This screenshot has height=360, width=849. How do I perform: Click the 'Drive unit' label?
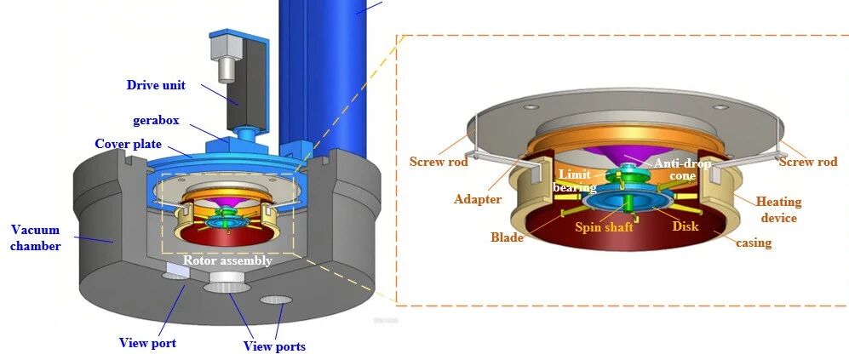click(156, 85)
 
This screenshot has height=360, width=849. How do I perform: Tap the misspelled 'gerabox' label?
click(156, 120)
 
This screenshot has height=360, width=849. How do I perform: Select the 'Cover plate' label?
click(128, 144)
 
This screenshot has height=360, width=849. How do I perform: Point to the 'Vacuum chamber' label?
click(36, 237)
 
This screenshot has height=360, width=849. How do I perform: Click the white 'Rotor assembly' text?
click(227, 260)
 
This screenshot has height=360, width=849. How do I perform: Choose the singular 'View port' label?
click(148, 343)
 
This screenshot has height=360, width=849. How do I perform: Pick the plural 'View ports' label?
click(274, 346)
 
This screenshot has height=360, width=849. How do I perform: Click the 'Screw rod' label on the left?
click(439, 162)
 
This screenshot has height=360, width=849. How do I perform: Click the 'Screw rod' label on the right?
click(808, 162)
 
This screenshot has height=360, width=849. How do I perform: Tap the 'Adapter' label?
click(478, 199)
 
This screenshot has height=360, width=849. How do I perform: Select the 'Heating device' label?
click(778, 209)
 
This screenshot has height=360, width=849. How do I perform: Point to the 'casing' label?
click(754, 242)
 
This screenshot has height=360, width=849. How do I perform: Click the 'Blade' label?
click(507, 237)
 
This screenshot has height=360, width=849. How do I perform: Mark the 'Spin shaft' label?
click(604, 227)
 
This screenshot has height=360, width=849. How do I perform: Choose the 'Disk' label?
click(685, 226)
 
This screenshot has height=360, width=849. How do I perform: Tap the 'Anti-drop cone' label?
click(682, 169)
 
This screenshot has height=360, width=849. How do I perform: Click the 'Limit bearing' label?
click(575, 180)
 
